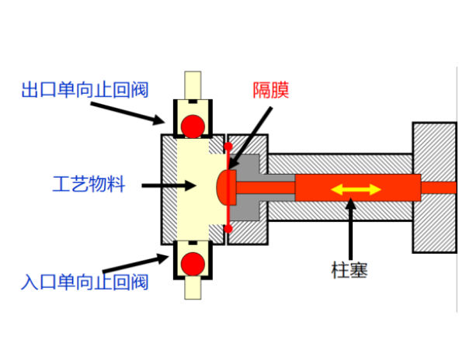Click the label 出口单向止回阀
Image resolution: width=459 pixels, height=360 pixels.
pyautogui.click(x=85, y=90)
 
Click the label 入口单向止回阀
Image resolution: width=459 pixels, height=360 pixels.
pyautogui.click(x=85, y=282)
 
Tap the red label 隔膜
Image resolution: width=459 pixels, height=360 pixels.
pyautogui.click(x=271, y=90)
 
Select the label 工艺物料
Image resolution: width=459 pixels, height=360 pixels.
pyautogui.click(x=89, y=184)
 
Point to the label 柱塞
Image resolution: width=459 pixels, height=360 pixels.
pyautogui.click(x=349, y=270)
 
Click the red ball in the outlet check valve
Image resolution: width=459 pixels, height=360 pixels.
pyautogui.click(x=193, y=126)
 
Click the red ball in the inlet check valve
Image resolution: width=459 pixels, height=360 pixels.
pyautogui.click(x=193, y=264)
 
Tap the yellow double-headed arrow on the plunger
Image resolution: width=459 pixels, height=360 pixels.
pyautogui.click(x=356, y=189)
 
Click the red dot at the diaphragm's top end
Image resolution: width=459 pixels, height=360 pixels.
pyautogui.click(x=228, y=146)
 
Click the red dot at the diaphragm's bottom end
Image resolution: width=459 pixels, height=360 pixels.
pyautogui.click(x=228, y=229)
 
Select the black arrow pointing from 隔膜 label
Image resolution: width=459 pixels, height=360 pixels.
pyautogui.click(x=250, y=138)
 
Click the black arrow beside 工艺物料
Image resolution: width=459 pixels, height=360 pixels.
pyautogui.click(x=169, y=185)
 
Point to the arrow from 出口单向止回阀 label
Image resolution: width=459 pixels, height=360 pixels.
pyautogui.click(x=127, y=113)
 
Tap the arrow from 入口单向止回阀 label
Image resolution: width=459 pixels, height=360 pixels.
pyautogui.click(x=136, y=263)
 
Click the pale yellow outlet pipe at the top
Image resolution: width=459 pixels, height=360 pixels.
pyautogui.click(x=193, y=85)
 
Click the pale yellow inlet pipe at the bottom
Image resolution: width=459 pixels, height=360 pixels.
pyautogui.click(x=193, y=288)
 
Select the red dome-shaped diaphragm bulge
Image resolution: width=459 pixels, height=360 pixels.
pyautogui.click(x=226, y=187)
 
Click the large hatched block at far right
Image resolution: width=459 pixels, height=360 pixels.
pyautogui.click(x=435, y=188)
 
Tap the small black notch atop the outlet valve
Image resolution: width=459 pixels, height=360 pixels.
pyautogui.click(x=193, y=102)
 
